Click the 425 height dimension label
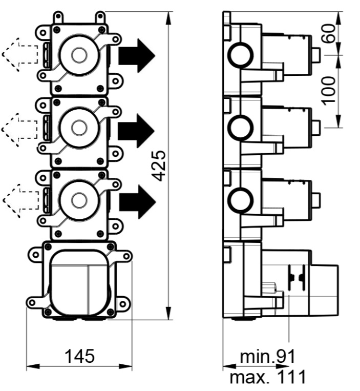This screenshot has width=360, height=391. (x=159, y=166)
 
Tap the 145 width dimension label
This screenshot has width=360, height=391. (x=80, y=356)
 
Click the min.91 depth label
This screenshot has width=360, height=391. (x=268, y=356)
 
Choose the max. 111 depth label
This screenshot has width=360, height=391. (x=268, y=377)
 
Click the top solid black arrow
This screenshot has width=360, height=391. (x=137, y=55)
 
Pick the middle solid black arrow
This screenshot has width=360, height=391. (x=136, y=131)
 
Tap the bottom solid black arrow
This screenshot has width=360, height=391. (x=137, y=202)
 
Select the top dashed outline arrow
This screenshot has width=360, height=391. (x=20, y=55)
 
